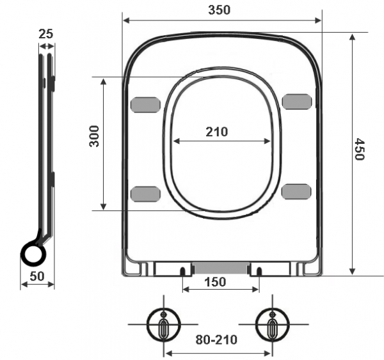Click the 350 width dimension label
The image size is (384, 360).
coord(219,10)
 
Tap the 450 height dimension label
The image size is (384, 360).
coord(360,149)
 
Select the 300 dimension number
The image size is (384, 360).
coord(94,136)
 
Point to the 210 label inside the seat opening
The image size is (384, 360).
coord(217,132)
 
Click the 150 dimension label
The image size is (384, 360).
coord(215,282)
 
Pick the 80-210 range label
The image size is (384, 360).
coord(216,340)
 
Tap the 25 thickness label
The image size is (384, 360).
coord(46,34)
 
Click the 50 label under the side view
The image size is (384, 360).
coord(37,276)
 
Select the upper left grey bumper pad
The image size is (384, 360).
coord(145,105)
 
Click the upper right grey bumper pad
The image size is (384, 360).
coord(297,102)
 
